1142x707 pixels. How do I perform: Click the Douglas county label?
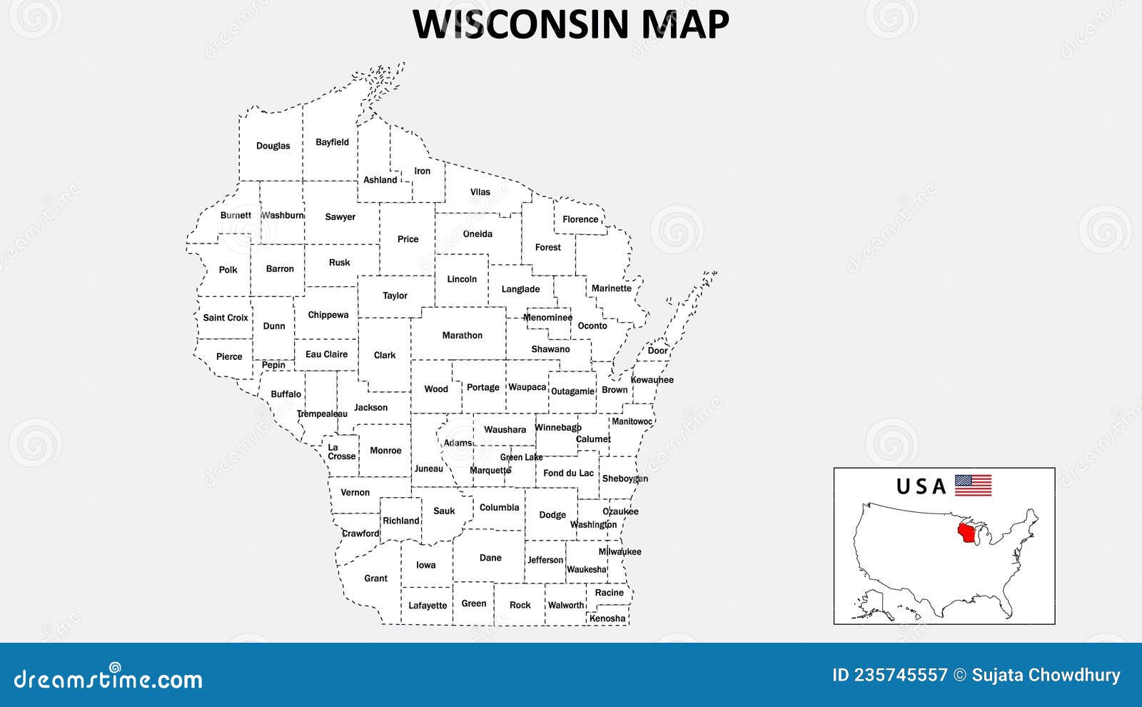273,146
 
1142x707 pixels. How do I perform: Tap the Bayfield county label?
332,142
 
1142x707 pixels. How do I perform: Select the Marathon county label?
462,335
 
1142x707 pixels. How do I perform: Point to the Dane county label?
490,558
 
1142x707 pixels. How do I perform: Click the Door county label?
657,351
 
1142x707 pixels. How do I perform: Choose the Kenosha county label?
607,618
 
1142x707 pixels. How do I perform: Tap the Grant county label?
375,578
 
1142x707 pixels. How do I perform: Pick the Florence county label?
580,219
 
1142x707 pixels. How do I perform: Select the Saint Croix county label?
226,318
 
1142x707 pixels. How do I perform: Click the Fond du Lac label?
568,473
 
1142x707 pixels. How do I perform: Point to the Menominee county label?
547,318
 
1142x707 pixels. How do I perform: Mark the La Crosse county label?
341,452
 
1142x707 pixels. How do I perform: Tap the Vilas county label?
480,192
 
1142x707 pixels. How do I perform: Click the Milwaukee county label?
620,551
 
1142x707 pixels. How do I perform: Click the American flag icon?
973,486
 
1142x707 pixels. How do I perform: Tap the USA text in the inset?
921,486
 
